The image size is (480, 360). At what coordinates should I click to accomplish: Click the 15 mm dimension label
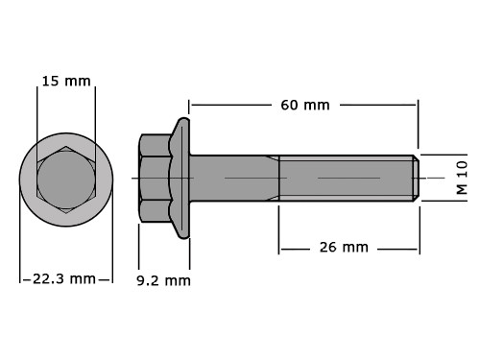pyautogui.click(x=66, y=81)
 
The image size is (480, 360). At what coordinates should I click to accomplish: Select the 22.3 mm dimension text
pyautogui.click(x=64, y=279)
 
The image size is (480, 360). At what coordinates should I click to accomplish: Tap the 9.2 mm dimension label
pyautogui.click(x=163, y=281)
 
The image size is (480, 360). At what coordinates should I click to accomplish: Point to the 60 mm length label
pyautogui.click(x=305, y=105)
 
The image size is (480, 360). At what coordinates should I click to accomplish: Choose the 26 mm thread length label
pyautogui.click(x=344, y=248)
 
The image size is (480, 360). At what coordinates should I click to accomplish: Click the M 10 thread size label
pyautogui.click(x=462, y=178)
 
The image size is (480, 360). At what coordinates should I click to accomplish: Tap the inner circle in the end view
pyautogui.click(x=66, y=180)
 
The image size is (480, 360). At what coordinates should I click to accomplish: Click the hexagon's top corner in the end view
pyautogui.click(x=66, y=147)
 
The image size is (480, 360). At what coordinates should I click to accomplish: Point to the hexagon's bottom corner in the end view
pyautogui.click(x=66, y=213)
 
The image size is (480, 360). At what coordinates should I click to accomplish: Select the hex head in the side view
pyautogui.click(x=155, y=178)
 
